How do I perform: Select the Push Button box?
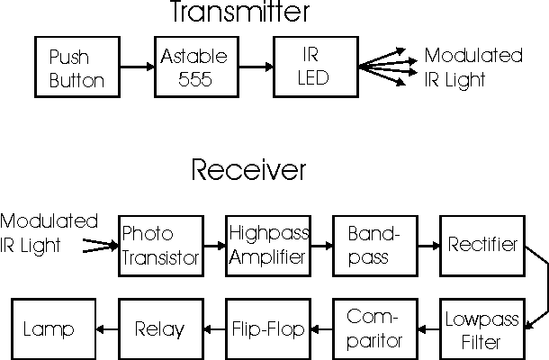76,67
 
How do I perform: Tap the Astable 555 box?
193,67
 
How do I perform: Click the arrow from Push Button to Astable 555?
136,67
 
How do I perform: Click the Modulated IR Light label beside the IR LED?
473,67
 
